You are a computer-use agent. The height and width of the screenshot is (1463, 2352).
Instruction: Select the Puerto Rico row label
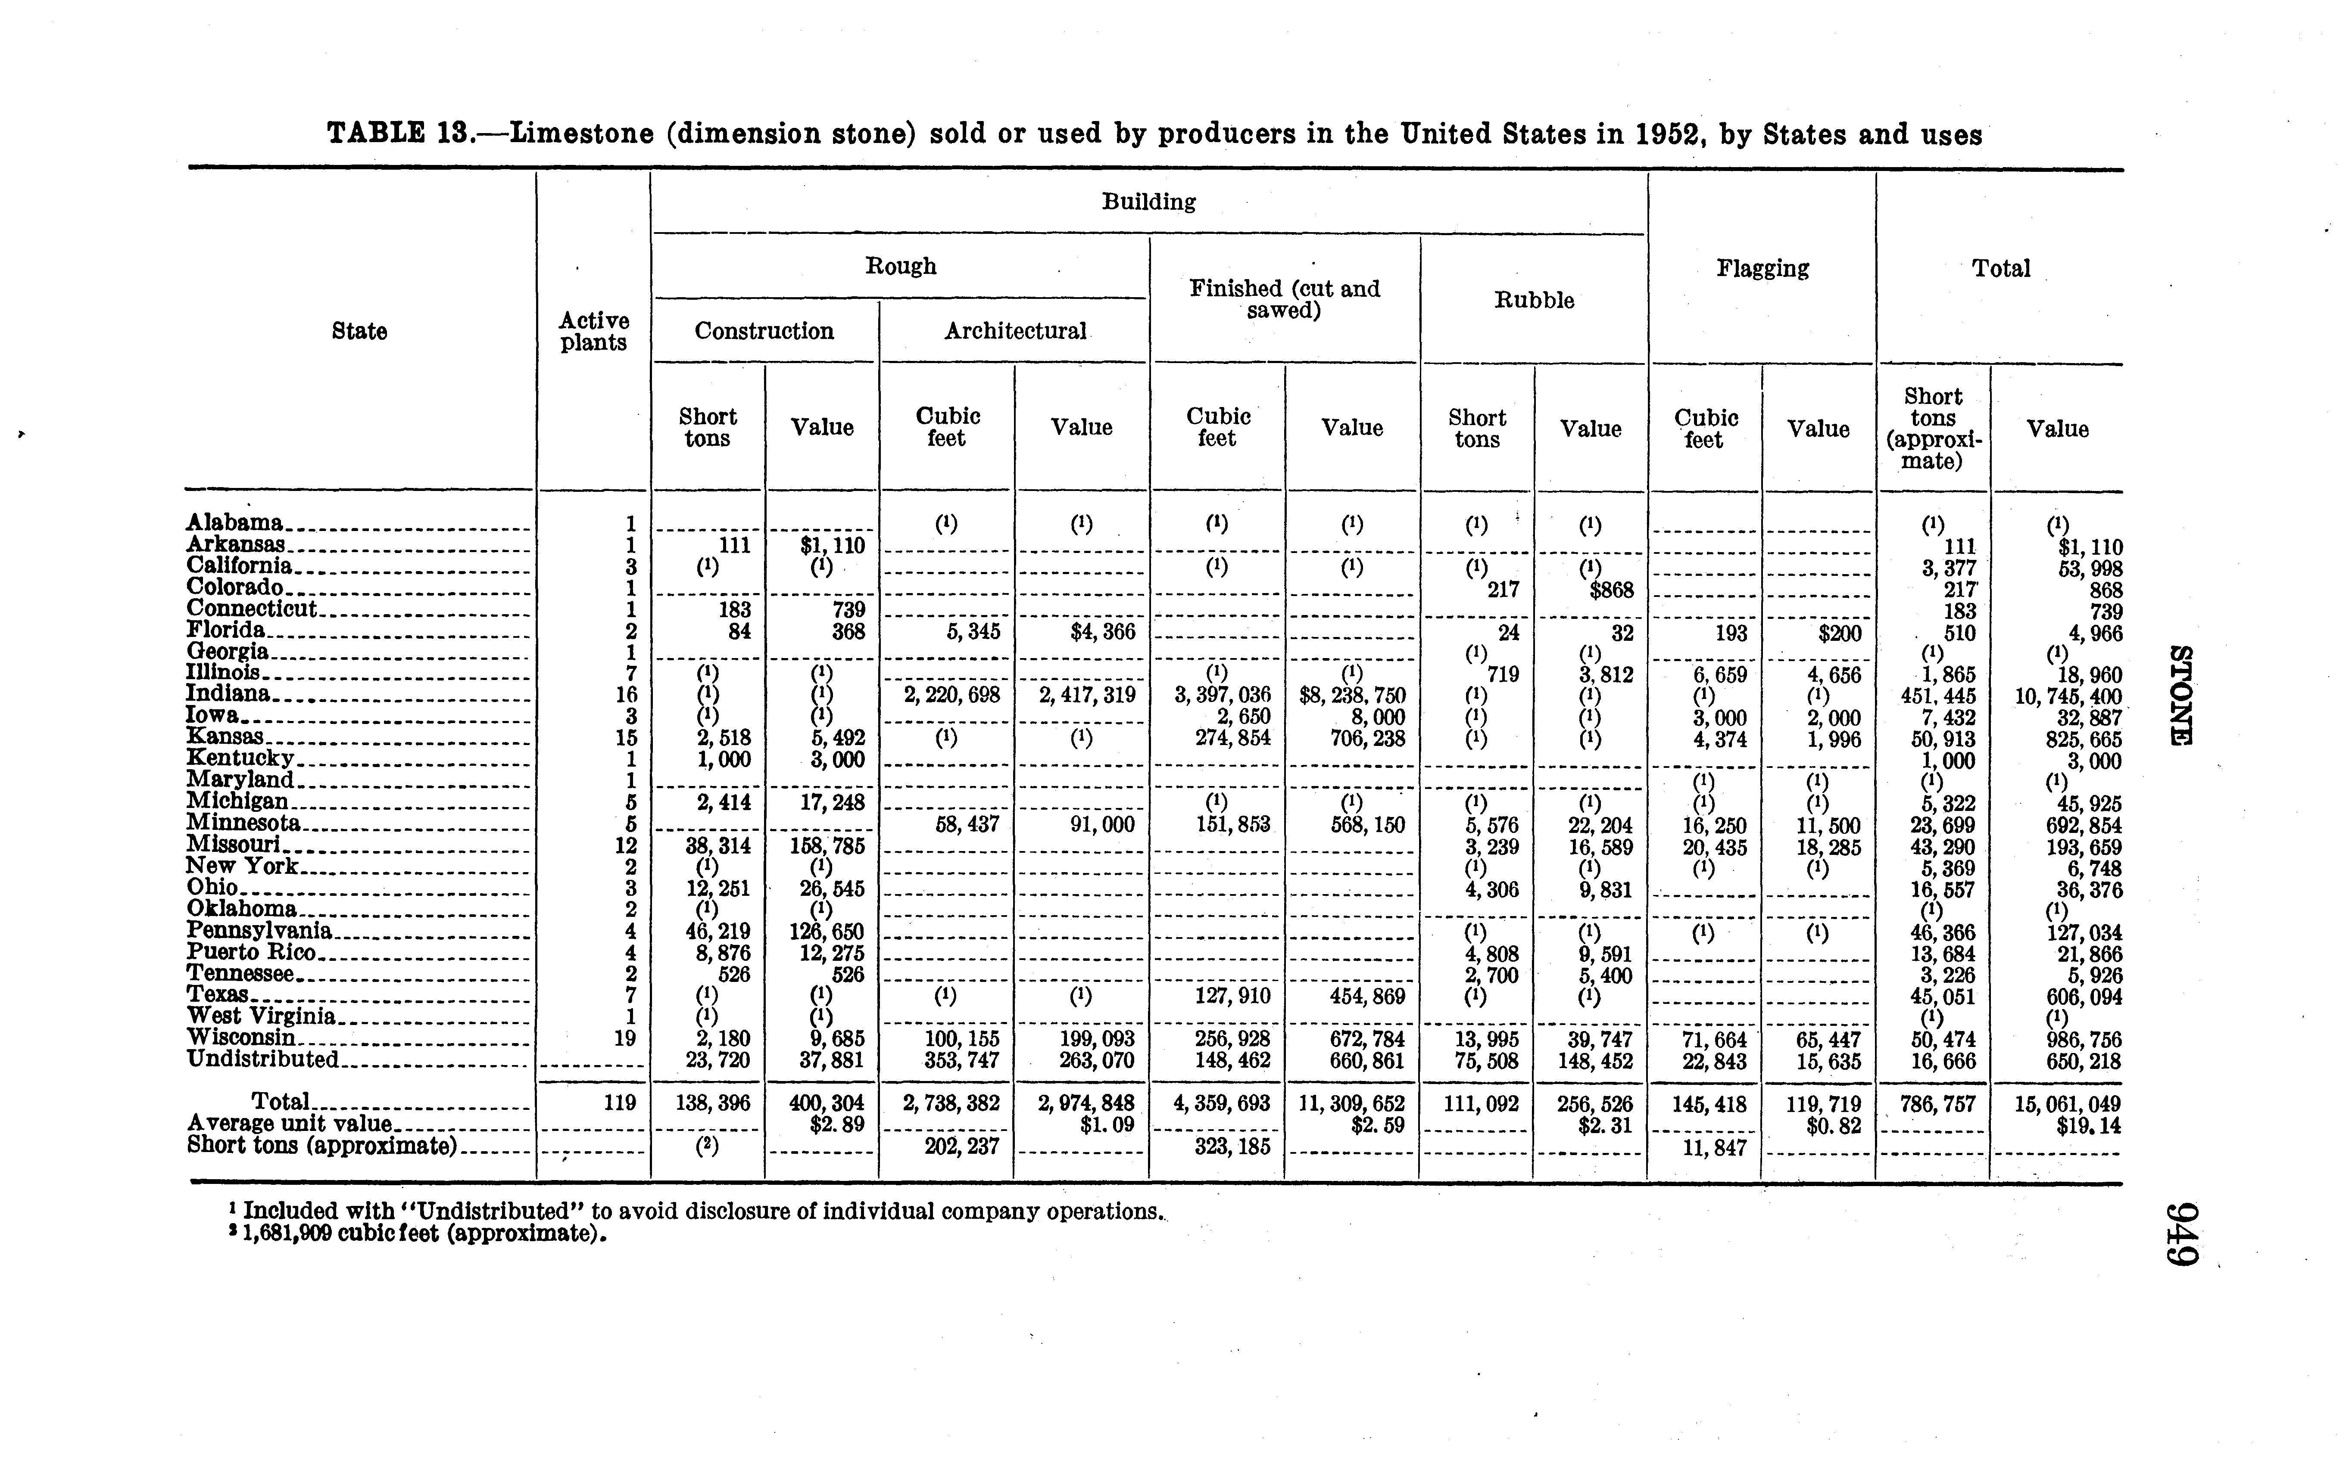click(x=252, y=952)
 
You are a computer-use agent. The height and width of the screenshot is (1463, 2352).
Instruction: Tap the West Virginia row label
click(x=261, y=1017)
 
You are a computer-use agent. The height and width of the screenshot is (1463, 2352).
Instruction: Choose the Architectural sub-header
click(x=1015, y=331)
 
